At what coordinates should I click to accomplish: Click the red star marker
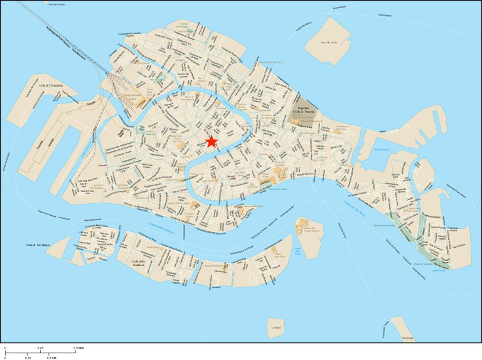pos(212,142)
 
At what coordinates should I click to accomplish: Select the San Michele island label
pos(329,43)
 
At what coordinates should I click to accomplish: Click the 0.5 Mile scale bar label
pos(78,347)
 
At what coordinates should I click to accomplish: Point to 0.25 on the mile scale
pos(40,347)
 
